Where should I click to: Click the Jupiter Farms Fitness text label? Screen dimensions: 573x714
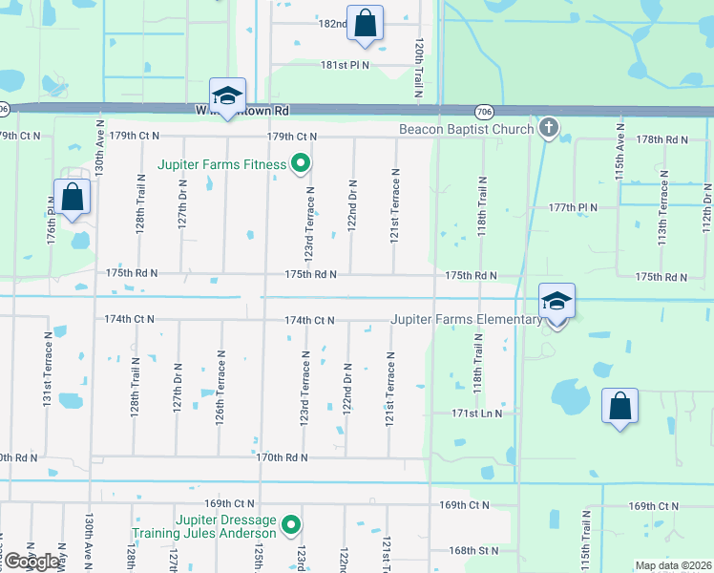(x=222, y=164)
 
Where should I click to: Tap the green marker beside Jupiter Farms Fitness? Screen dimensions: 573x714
(x=300, y=164)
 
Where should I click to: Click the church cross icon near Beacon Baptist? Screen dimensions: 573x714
(x=548, y=127)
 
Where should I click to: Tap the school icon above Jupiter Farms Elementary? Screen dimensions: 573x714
(x=556, y=301)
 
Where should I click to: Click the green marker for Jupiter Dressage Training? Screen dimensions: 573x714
(x=292, y=526)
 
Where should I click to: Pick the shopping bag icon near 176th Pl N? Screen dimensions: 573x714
(x=73, y=199)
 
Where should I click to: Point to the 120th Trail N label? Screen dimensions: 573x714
(x=418, y=70)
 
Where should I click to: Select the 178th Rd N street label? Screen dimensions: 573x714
(x=663, y=139)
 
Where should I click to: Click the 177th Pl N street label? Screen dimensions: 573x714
(x=573, y=207)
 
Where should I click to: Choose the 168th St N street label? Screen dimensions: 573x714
(x=474, y=550)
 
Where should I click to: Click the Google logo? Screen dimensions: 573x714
(x=31, y=561)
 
